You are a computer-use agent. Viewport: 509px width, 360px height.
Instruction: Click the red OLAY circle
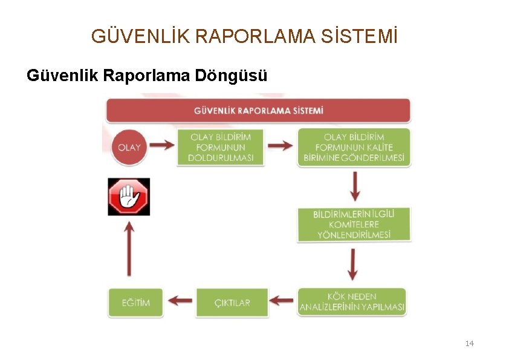(x=129, y=147)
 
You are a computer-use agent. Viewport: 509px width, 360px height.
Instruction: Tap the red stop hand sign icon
(x=129, y=197)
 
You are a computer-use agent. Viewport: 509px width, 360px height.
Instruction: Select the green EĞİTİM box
(x=129, y=302)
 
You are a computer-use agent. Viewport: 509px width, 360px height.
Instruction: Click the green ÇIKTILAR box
(x=232, y=302)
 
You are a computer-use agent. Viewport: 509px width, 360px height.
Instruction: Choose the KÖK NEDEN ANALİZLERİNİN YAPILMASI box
(x=352, y=302)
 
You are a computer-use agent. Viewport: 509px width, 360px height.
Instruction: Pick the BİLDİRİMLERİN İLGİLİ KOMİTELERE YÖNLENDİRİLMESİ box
(x=354, y=224)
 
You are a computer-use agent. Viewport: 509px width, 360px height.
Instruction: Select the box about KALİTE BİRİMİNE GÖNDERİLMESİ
(x=354, y=147)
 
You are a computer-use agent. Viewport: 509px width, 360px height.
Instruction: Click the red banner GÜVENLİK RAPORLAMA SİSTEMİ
(x=259, y=111)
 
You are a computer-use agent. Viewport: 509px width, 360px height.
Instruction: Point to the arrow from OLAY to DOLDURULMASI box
(x=161, y=146)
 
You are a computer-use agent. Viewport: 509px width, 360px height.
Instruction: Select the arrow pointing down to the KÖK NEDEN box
(x=354, y=264)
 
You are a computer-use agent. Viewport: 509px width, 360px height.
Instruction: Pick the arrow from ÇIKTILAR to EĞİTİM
(x=180, y=300)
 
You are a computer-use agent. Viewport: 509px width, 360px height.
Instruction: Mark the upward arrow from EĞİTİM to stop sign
(x=129, y=248)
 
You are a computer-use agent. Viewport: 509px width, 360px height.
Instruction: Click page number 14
(x=470, y=344)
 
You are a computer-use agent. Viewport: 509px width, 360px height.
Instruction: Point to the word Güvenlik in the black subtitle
(x=63, y=76)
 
